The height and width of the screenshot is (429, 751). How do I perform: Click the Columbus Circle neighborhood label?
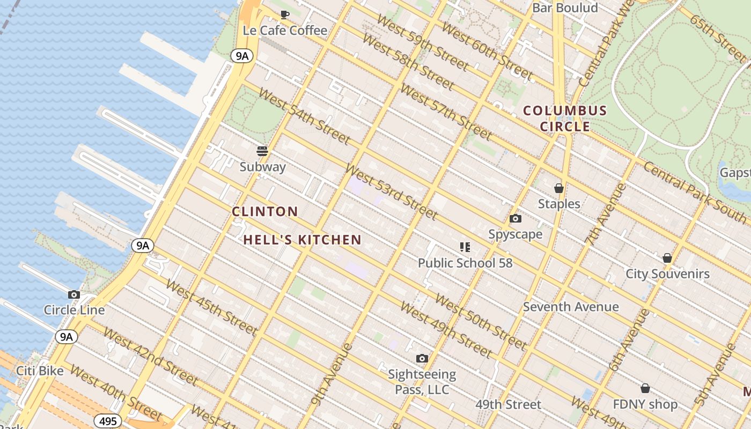coord(565,119)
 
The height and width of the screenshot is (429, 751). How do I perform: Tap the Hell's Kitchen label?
coord(303,240)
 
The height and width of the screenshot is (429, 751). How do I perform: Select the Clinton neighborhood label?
coord(265,211)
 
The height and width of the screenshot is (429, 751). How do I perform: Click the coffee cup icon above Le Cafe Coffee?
coord(285,14)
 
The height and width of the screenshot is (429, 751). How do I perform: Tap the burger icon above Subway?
coord(262,151)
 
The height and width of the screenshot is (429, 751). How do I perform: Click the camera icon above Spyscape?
coord(516,218)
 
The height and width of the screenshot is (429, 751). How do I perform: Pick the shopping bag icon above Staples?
coord(559,188)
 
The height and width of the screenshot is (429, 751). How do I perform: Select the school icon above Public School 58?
coord(465,247)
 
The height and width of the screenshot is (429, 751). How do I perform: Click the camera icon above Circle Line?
coord(74,294)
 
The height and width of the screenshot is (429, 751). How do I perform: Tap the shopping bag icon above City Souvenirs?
coord(667,258)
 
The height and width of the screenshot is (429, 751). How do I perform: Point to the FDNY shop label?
coord(645,404)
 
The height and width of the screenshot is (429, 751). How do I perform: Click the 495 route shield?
coord(108,421)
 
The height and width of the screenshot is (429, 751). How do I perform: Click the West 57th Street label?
coord(446,111)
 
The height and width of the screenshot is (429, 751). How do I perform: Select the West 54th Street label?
coord(304,115)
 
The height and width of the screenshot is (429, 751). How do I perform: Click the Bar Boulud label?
coord(565,8)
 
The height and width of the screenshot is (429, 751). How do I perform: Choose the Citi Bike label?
coord(40,371)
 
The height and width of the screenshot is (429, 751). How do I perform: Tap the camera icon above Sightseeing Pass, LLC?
coord(422,358)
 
